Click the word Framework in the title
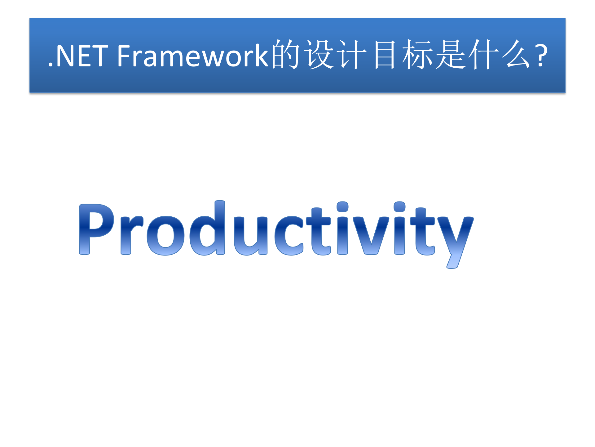[x=192, y=56]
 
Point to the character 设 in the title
[x=319, y=55]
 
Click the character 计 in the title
[x=353, y=55]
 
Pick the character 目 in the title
[x=385, y=55]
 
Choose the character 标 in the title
[x=418, y=55]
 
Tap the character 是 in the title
[x=451, y=55]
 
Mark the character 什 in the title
[x=484, y=55]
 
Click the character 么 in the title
[x=517, y=55]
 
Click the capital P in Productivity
[x=95, y=229]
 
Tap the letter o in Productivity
[x=165, y=236]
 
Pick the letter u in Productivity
[x=250, y=236]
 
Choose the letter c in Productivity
[x=289, y=236]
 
